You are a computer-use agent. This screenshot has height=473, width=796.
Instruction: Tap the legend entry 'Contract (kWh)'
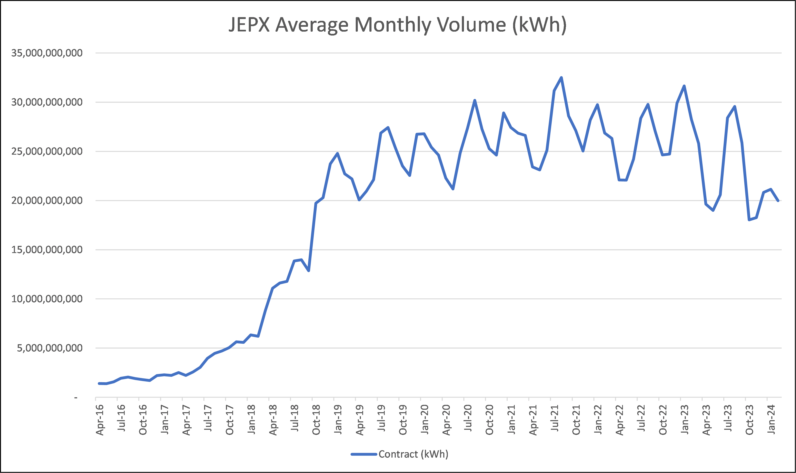click(x=413, y=454)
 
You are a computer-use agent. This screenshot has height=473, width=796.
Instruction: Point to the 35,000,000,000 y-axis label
click(x=47, y=53)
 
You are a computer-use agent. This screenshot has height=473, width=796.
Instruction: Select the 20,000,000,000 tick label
click(x=47, y=200)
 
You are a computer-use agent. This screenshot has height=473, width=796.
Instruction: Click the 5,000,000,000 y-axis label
click(x=50, y=348)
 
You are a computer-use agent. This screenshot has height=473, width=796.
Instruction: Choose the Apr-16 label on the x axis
click(x=100, y=420)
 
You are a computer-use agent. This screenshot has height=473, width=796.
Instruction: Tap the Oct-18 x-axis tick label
click(x=316, y=420)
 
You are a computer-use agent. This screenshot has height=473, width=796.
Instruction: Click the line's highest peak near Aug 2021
click(x=561, y=78)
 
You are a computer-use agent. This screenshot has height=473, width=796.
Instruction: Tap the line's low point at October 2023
click(x=749, y=220)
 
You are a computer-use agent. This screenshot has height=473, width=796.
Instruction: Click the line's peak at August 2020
click(x=475, y=100)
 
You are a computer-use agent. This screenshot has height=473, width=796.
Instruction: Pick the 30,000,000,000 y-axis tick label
click(x=47, y=102)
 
